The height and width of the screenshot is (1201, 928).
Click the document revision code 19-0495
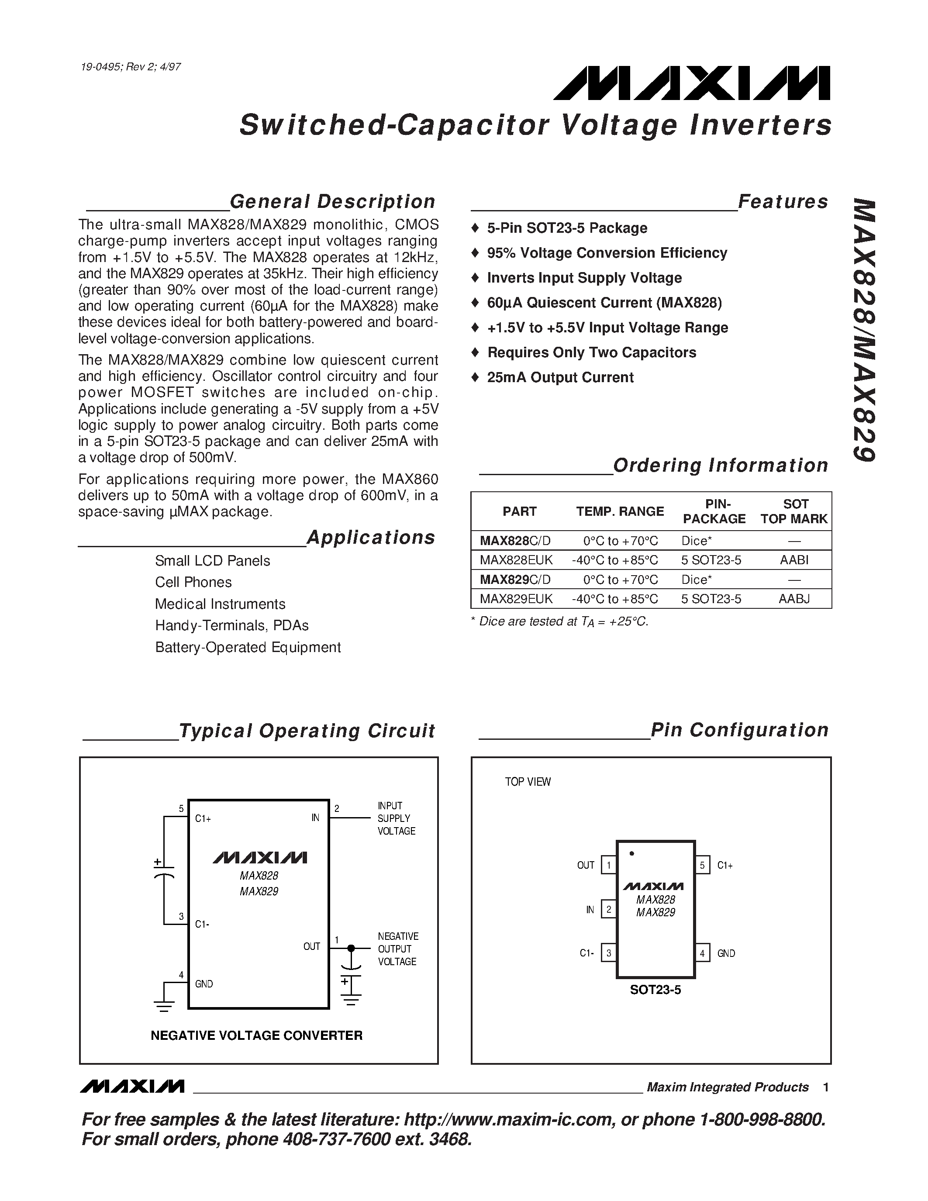tap(100, 67)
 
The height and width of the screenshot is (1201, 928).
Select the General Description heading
tap(332, 202)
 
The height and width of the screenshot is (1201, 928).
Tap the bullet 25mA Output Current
tap(560, 377)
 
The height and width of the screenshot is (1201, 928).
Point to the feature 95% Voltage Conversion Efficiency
tap(607, 253)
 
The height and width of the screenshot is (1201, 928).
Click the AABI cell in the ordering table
tap(794, 560)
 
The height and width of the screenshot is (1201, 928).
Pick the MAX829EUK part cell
tap(516, 598)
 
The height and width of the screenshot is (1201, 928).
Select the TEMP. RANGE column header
tap(620, 511)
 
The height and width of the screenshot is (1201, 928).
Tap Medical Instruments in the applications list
tap(220, 604)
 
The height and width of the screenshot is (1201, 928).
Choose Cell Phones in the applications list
tap(193, 582)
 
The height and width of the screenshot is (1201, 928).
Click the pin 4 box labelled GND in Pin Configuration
tap(702, 953)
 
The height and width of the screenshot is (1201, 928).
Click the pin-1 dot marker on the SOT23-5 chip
tap(631, 853)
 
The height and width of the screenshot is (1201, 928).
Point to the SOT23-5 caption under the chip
tap(655, 990)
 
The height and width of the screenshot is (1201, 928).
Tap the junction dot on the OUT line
tap(351, 948)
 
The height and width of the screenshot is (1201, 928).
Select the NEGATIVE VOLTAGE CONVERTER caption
tap(257, 1035)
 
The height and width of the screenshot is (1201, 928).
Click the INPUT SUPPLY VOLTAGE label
tap(396, 818)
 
